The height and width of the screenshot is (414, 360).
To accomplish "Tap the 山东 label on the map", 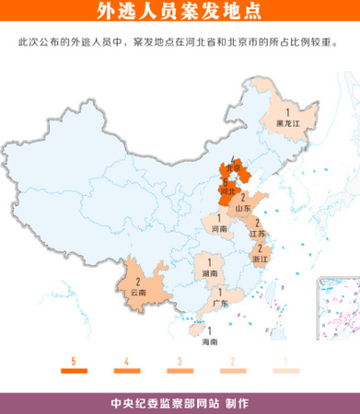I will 243,209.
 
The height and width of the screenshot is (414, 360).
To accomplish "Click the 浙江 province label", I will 261,260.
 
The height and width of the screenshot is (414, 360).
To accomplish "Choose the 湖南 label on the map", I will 209,273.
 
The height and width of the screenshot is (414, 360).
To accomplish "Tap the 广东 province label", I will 220,303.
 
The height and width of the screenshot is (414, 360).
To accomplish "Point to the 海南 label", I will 209,341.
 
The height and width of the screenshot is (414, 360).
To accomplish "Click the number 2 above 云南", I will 137,280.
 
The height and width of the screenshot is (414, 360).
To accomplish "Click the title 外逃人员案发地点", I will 179,12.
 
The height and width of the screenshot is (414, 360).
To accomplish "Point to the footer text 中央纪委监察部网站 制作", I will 180,403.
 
